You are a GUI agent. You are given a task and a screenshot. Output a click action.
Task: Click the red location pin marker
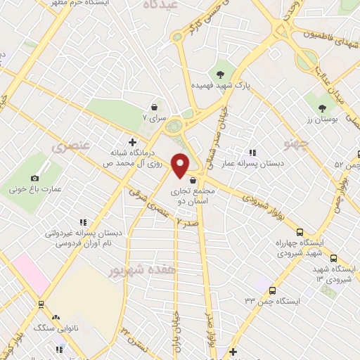[181, 165]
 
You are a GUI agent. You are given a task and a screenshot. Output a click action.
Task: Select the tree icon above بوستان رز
[323, 108]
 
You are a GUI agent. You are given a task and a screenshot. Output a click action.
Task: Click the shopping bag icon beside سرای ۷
[154, 108]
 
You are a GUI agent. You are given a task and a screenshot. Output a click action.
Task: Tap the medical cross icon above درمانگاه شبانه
[131, 142]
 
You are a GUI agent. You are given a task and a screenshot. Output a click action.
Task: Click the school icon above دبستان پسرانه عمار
[252, 152]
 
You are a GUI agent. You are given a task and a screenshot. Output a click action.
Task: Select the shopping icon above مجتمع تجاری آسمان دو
[192, 180]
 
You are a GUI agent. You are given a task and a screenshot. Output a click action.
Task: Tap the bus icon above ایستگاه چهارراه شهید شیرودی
[300, 232]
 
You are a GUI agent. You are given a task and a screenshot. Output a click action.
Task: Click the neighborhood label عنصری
[69, 147]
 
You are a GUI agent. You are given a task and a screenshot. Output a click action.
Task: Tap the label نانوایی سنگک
[56, 329]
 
